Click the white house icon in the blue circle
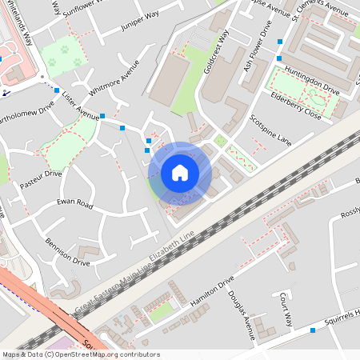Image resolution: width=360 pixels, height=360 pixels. [180, 172]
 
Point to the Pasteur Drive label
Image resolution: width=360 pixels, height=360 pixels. [41, 178]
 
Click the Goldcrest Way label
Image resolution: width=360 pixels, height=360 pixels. [216, 52]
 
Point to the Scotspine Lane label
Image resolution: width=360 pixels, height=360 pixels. [270, 129]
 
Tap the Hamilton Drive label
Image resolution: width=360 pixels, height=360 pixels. [211, 292]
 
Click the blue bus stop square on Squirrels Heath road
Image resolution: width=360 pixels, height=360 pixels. [313, 330]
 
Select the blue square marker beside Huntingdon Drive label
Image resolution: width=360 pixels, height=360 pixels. [278, 58]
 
